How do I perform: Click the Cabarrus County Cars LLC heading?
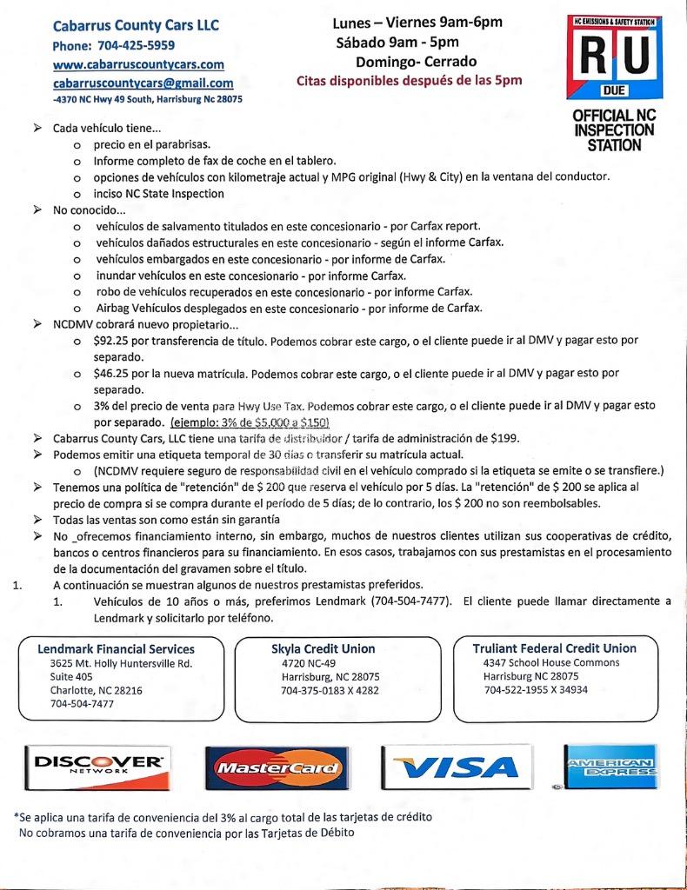pyautogui.click(x=135, y=26)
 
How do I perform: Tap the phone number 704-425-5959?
pyautogui.click(x=133, y=46)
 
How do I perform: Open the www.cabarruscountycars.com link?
pyautogui.click(x=138, y=65)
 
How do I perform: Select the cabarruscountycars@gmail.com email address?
pyautogui.click(x=143, y=83)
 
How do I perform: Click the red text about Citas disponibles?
pyautogui.click(x=410, y=82)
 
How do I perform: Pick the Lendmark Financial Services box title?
pyautogui.click(x=116, y=648)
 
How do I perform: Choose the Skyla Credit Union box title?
pyautogui.click(x=323, y=648)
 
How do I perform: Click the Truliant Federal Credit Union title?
pyautogui.click(x=554, y=648)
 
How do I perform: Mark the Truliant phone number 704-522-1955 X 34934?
pyautogui.click(x=536, y=690)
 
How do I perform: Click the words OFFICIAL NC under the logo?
pyautogui.click(x=613, y=116)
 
